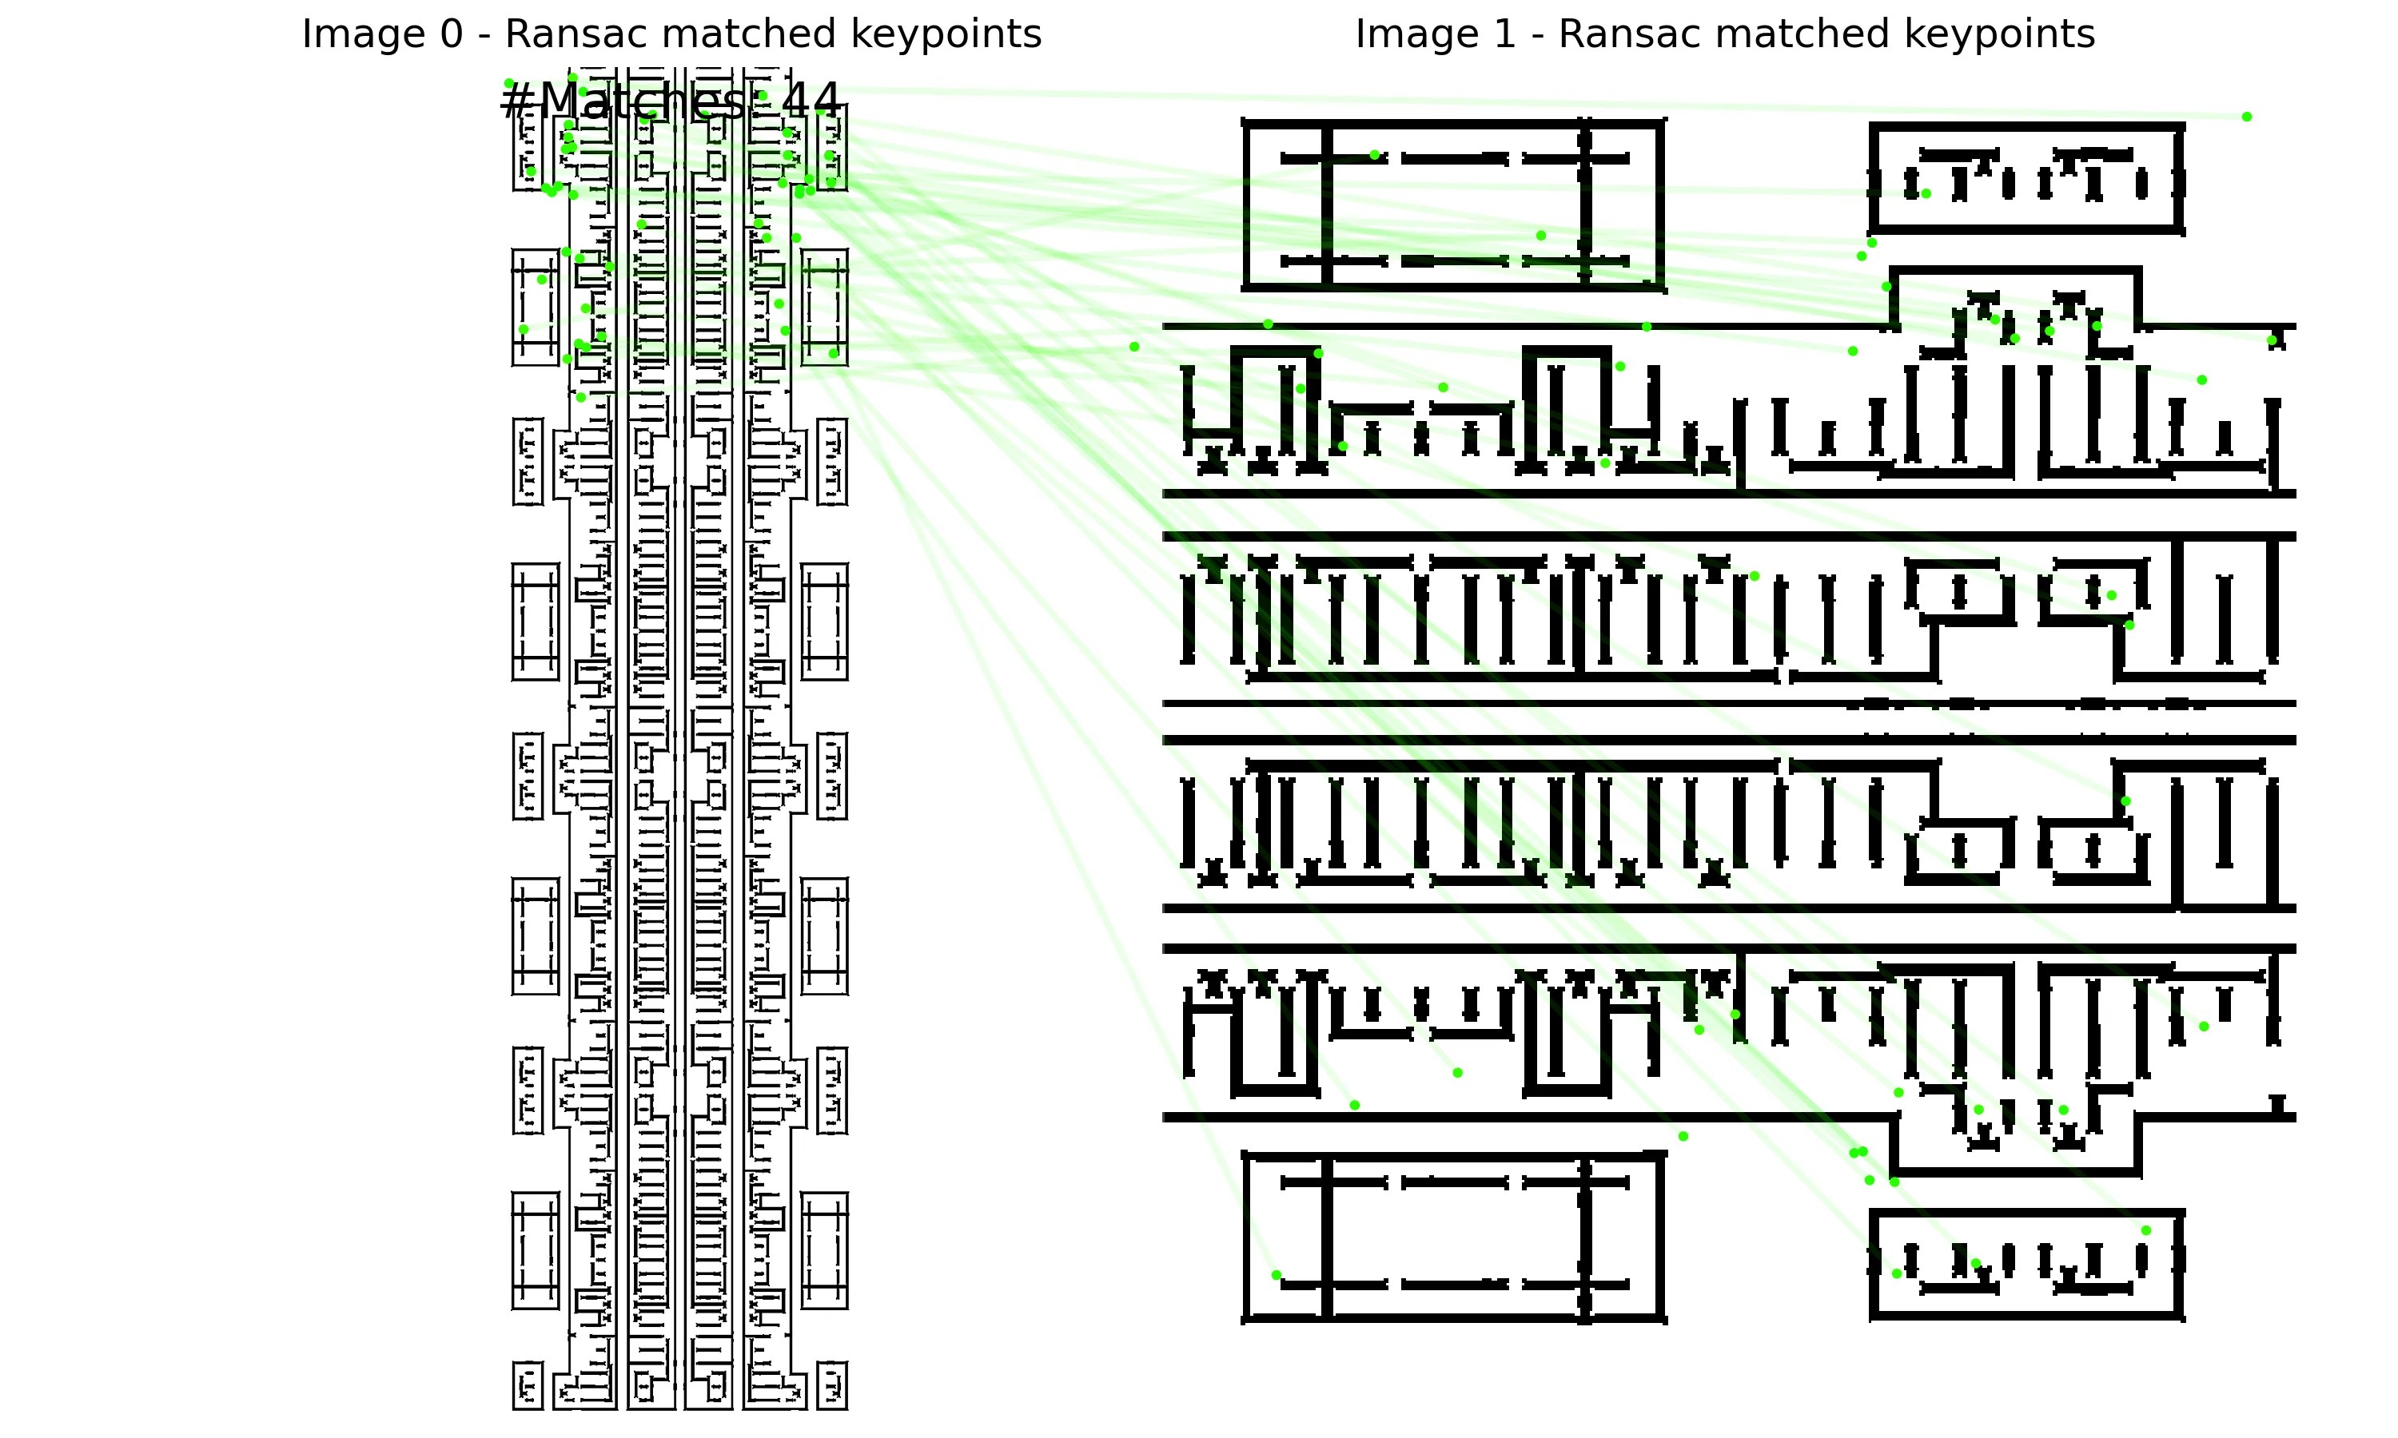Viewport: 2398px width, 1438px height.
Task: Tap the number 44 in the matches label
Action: [x=811, y=101]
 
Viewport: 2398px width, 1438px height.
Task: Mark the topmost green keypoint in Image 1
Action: [x=2247, y=117]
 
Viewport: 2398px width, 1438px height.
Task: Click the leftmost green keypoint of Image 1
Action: [x=1134, y=347]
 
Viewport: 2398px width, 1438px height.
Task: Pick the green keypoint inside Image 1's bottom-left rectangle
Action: [x=1276, y=1275]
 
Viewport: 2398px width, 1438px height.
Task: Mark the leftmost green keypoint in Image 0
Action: [x=509, y=83]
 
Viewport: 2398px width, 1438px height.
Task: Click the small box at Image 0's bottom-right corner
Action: [x=831, y=1386]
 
